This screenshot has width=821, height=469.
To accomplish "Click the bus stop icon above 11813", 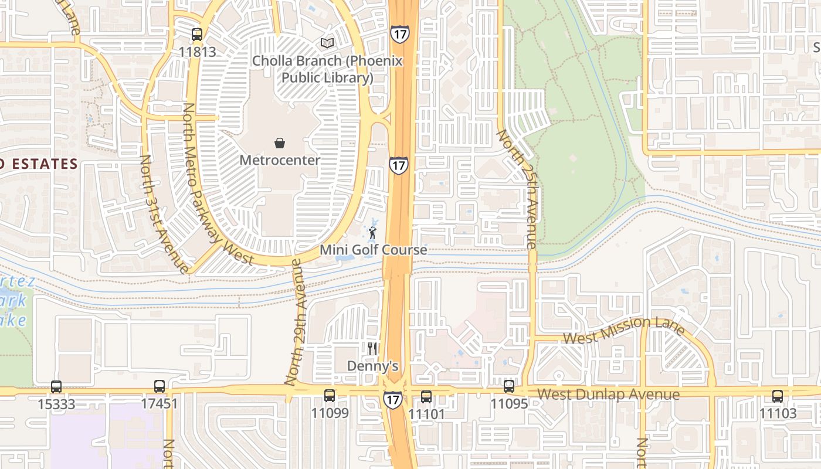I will pos(197,35).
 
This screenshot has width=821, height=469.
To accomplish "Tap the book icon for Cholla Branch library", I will pos(327,43).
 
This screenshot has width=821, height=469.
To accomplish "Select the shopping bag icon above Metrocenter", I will pos(280,143).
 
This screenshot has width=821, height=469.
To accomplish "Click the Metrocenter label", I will pos(280,160).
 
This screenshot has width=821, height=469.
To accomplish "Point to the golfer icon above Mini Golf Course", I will pos(372,233).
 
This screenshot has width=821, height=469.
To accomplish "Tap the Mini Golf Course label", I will pos(373,250).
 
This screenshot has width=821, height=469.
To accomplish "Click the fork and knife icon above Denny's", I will pos(372,349).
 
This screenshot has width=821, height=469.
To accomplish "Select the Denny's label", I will pos(372,366).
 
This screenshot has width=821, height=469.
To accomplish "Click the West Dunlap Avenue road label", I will pos(608,394).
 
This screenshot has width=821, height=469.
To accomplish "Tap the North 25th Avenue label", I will pos(517,188).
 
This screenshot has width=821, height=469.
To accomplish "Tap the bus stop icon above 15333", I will pos(56,387).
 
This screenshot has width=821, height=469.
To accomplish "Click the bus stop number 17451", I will pos(159,404).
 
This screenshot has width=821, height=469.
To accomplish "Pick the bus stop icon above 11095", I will pos(509,387).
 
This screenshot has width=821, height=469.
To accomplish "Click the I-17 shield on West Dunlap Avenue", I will pos(393,400).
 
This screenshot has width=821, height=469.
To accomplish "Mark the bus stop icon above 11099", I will pos(330,396).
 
